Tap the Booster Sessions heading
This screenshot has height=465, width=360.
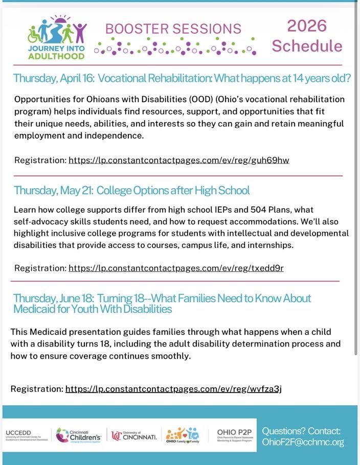(x=173, y=28)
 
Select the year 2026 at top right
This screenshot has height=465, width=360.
(x=306, y=26)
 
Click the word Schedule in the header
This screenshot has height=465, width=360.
(x=307, y=46)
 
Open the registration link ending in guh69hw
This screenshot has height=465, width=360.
(x=179, y=160)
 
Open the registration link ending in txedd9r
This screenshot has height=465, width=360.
(x=176, y=268)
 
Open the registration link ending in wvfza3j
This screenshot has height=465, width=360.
(x=173, y=389)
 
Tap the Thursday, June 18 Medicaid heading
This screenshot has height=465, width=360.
(x=162, y=304)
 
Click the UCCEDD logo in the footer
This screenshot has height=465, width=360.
(x=26, y=435)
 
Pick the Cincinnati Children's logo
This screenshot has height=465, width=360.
(x=78, y=435)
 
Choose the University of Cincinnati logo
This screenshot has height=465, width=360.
(x=134, y=435)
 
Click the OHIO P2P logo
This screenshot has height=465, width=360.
(x=233, y=435)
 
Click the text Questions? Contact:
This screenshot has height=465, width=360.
(x=301, y=431)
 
